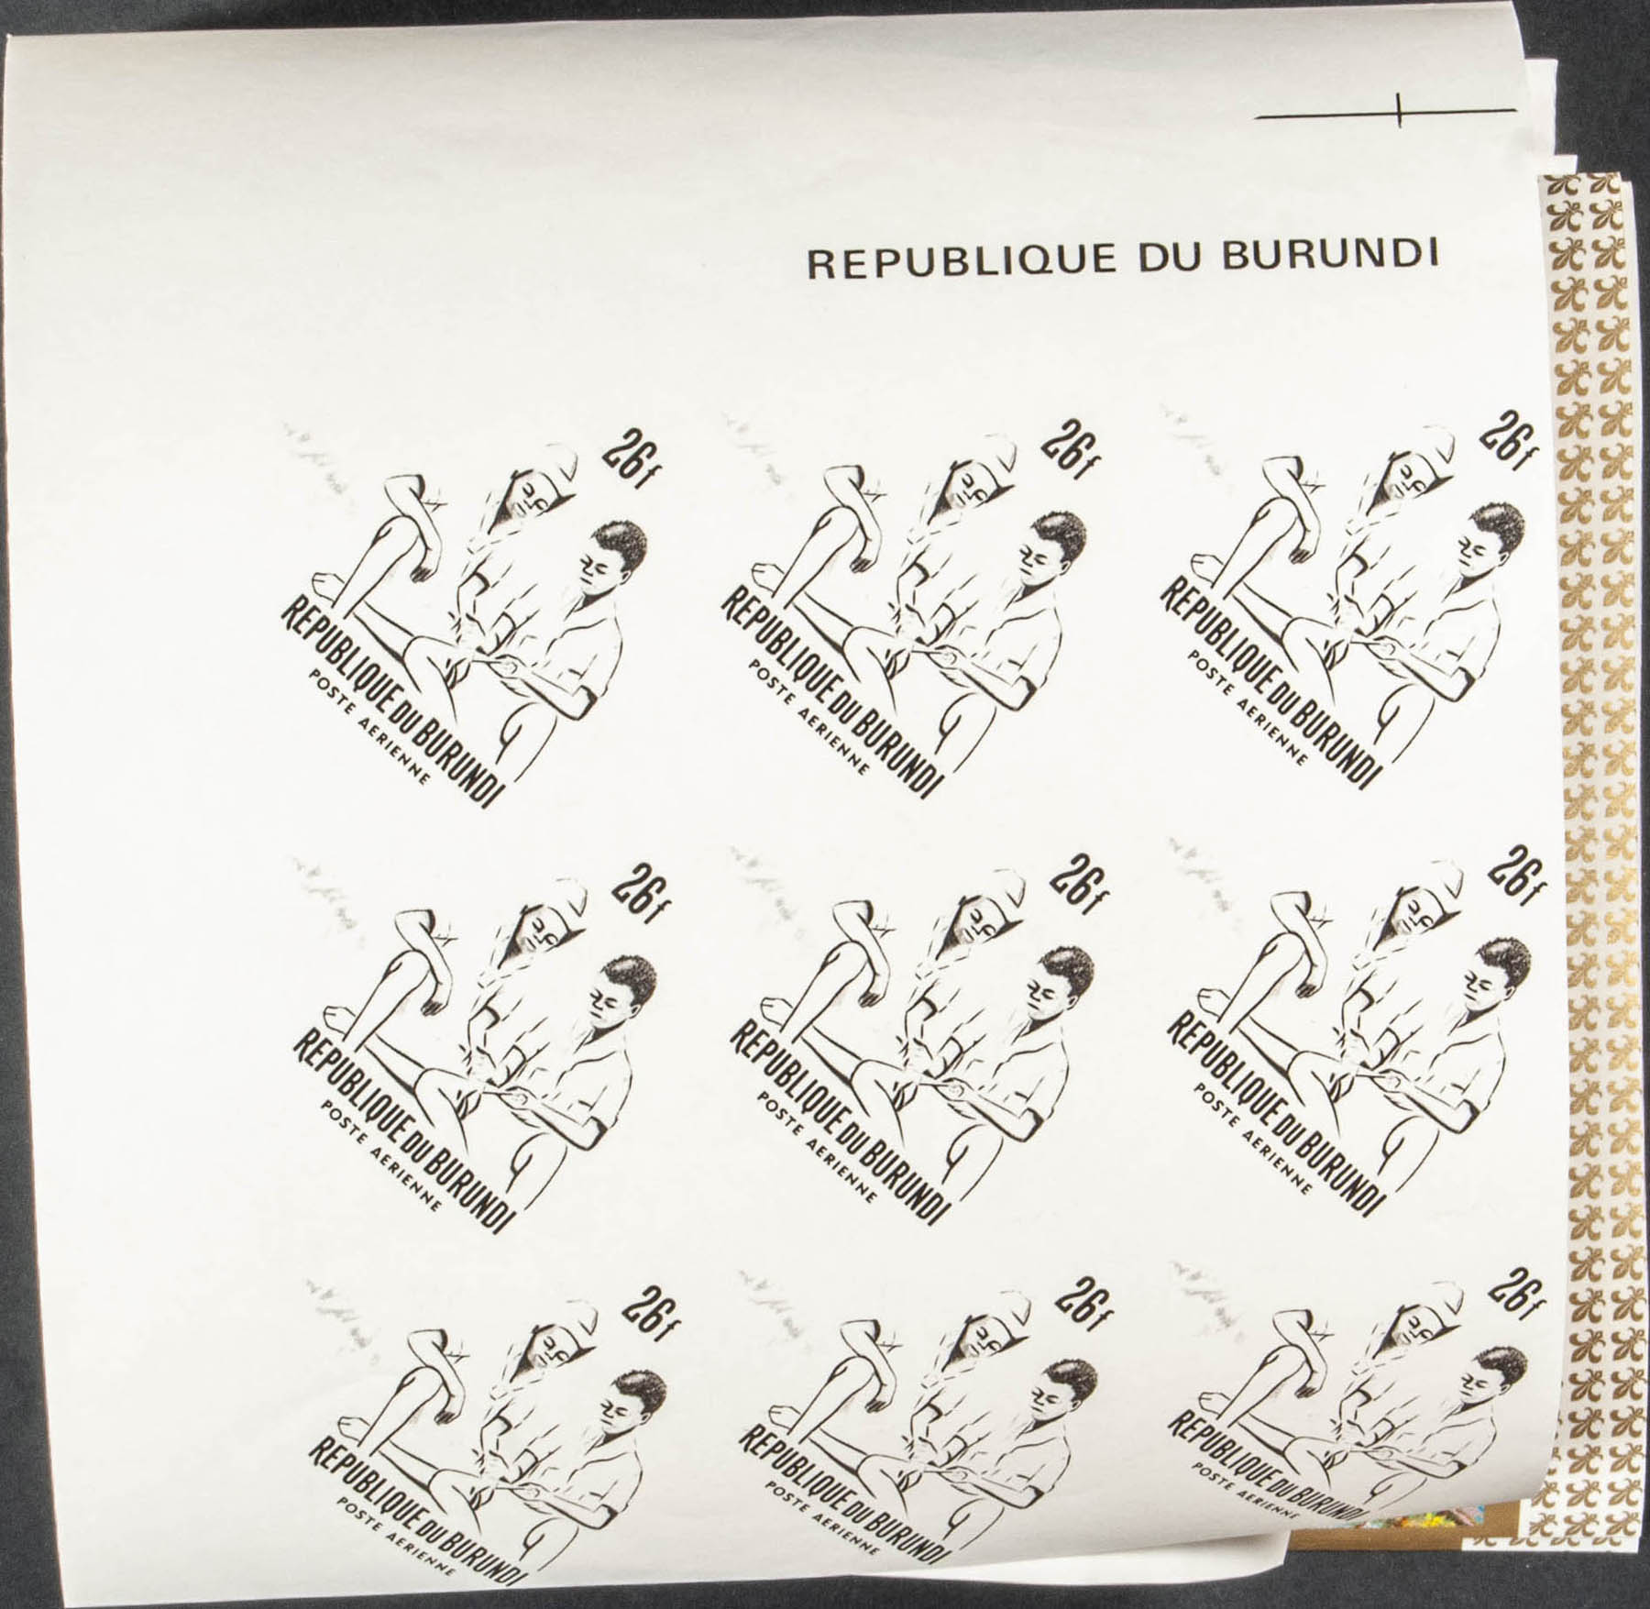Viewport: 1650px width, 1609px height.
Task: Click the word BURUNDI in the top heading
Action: pos(1331,257)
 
